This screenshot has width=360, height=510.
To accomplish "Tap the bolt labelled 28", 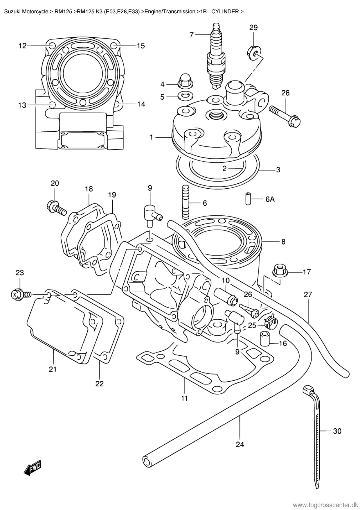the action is pyautogui.click(x=285, y=116).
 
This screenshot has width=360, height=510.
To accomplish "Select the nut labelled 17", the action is pyautogui.click(x=280, y=271).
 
